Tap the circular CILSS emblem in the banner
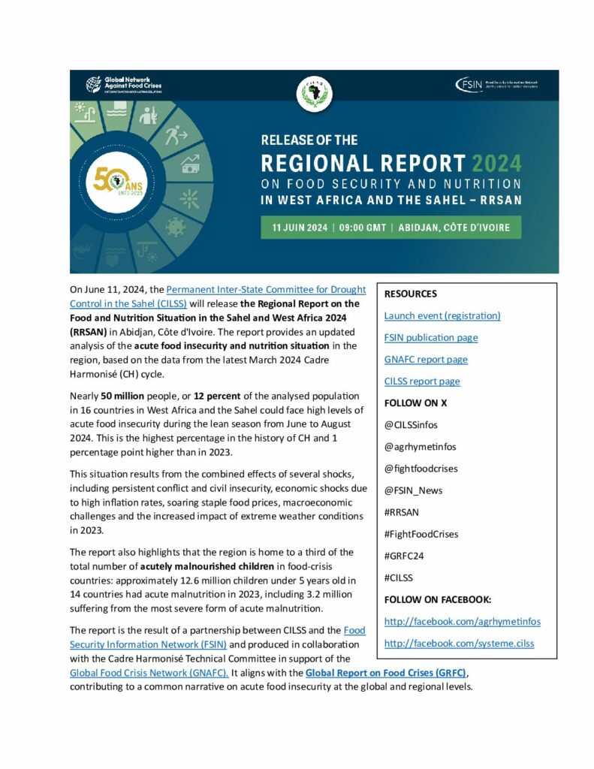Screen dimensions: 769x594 314,92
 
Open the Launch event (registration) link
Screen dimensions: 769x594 442,315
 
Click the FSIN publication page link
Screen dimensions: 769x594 431,337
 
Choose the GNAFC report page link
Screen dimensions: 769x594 426,359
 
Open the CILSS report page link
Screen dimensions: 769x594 422,381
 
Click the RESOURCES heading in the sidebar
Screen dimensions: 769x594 410,294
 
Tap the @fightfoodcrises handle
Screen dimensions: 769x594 421,468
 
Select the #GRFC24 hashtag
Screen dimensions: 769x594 405,556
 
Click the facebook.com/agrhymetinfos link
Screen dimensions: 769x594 462,622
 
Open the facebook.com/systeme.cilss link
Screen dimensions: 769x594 459,644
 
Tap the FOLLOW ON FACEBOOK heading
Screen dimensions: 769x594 438,599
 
